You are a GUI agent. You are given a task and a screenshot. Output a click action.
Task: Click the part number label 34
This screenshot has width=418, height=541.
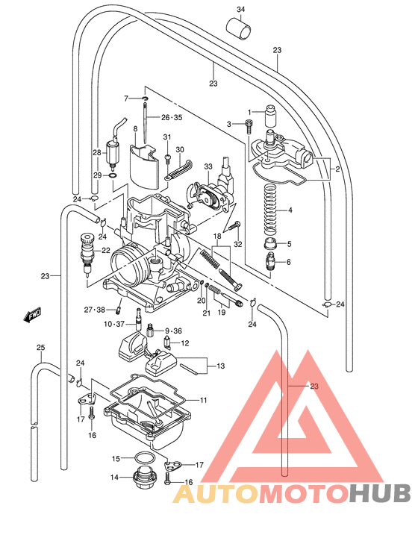tap(241, 9)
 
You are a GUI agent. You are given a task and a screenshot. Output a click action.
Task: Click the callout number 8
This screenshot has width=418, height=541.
tap(136, 129)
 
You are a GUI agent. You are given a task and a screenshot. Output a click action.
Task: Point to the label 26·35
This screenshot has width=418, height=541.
tap(171, 118)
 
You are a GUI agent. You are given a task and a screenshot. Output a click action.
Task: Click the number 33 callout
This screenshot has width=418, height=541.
tap(208, 166)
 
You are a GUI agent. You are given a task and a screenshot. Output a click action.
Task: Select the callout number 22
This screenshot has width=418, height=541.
tap(106, 251)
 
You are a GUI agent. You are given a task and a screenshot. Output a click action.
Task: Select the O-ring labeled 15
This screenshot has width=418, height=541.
tap(146, 457)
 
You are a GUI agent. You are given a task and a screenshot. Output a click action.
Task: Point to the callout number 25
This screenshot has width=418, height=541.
tap(40, 348)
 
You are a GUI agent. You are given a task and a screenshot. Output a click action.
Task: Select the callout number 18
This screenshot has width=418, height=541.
tap(218, 237)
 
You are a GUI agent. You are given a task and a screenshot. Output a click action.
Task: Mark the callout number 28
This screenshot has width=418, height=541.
tap(96, 152)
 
